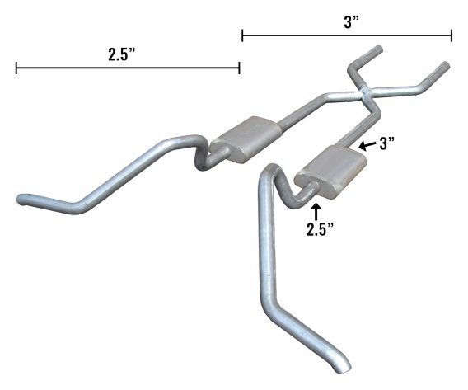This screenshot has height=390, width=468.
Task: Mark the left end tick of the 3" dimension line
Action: tap(242, 35)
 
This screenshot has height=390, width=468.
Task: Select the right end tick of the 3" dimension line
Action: tap(452, 35)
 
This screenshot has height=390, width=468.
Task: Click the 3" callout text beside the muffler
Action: tap(387, 143)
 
